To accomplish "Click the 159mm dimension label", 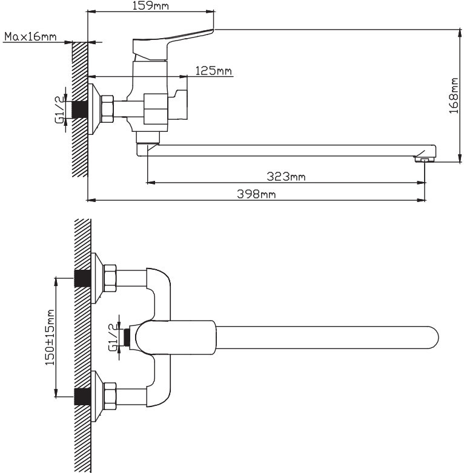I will [150, 6].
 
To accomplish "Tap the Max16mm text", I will [30, 36].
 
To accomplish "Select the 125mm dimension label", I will [213, 71].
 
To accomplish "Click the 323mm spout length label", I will [286, 177].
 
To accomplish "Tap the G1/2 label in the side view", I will [59, 109].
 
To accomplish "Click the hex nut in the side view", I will [107, 110].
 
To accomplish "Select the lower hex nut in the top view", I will [110, 397].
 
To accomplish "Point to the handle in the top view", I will [176, 338].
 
